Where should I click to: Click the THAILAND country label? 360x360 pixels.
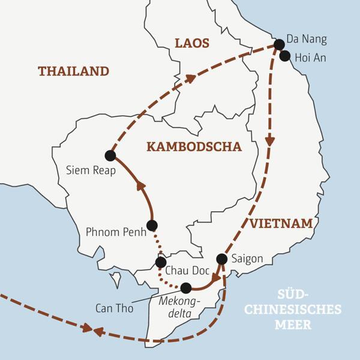[x=73, y=71]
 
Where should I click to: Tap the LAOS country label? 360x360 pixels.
[x=191, y=43]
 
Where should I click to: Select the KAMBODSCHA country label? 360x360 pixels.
[x=194, y=147]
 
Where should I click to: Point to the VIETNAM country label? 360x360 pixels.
[x=281, y=224]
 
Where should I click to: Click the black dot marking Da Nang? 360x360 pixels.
[x=279, y=44]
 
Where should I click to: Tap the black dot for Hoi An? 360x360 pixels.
[x=285, y=56]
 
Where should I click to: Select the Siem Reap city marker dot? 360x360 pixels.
[x=110, y=155]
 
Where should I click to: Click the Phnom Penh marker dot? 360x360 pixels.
[x=152, y=226]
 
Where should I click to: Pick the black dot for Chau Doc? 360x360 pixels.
[x=161, y=262]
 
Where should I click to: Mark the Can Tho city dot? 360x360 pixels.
[x=186, y=287]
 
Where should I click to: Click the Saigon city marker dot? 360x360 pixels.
[x=221, y=259]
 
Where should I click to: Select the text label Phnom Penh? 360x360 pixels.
[x=116, y=232]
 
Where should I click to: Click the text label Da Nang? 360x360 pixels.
[x=310, y=40]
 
